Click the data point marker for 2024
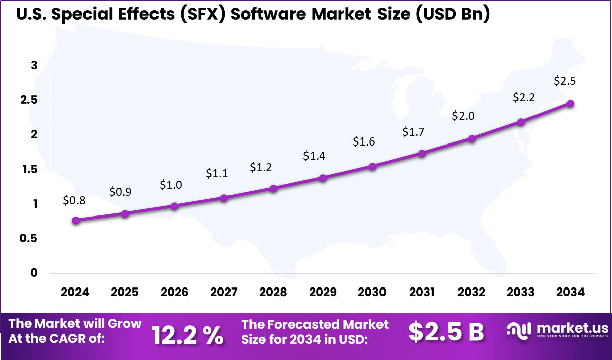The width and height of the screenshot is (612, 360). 75,220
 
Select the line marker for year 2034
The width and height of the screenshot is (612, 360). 570,103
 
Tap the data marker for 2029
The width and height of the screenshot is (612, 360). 323,178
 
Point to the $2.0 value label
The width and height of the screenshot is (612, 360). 463,116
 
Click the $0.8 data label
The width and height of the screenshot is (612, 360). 74,200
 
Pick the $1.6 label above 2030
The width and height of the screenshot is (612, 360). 364,142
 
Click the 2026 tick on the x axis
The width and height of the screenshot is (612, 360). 174,293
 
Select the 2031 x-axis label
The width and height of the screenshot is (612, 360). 422,293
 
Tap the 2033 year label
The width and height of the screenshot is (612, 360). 521,293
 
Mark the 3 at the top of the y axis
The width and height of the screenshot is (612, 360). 34,65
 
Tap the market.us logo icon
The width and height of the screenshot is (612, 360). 519,330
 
